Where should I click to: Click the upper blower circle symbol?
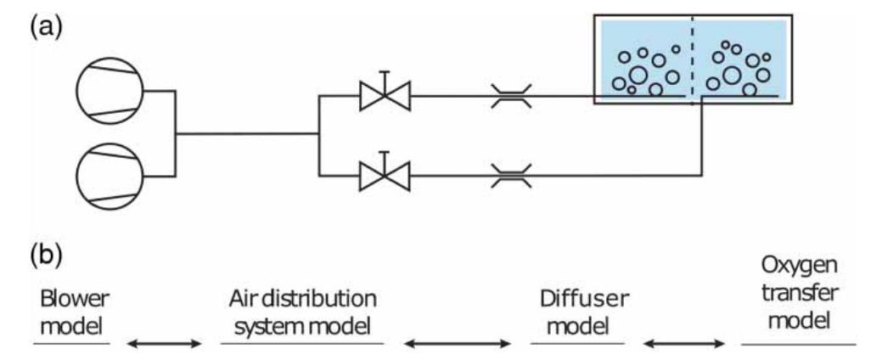click(110, 92)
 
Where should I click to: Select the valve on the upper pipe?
click(384, 95)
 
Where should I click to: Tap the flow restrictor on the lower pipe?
click(512, 176)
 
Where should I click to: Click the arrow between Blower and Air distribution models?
click(165, 343)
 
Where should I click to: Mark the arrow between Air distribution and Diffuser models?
click(458, 343)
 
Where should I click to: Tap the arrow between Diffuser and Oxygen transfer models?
click(683, 343)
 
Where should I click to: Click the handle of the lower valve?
click(384, 155)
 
